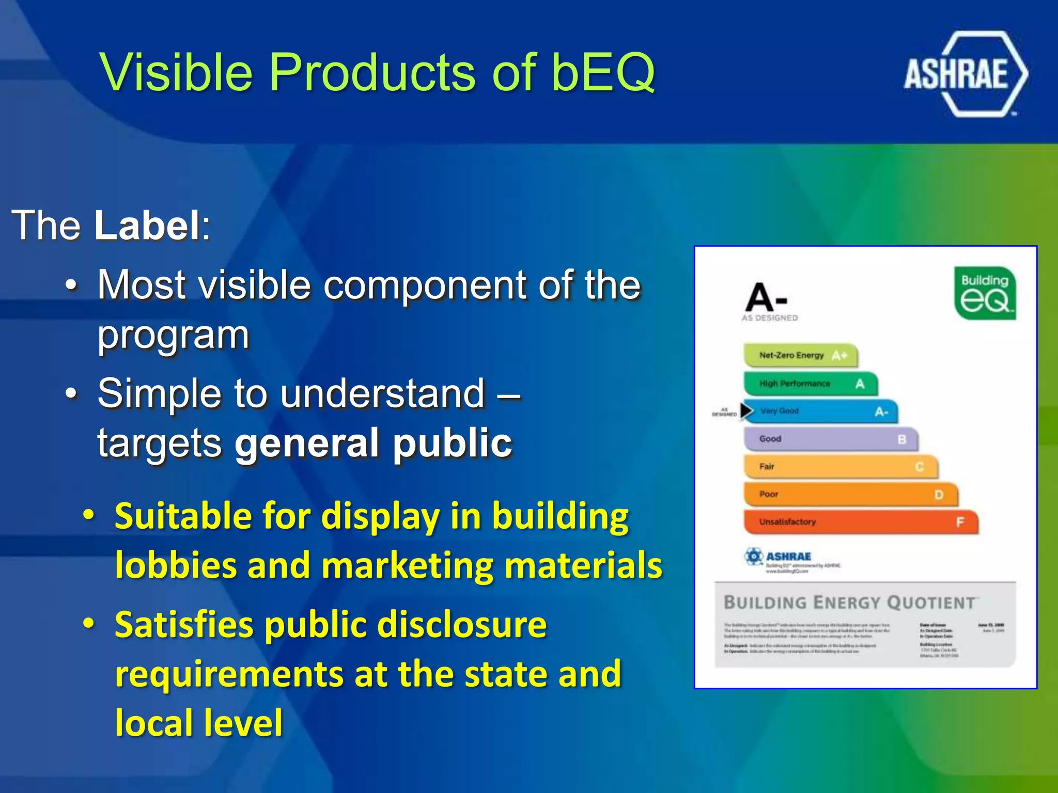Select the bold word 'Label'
click(148, 225)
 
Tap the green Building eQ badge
click(985, 294)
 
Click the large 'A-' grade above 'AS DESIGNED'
click(766, 298)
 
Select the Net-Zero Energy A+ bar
click(800, 355)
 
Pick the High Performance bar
click(810, 384)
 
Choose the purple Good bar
click(830, 439)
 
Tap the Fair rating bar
click(840, 467)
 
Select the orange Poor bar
click(850, 495)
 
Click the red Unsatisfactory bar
click(860, 522)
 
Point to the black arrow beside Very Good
click(746, 410)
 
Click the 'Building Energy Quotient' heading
click(849, 602)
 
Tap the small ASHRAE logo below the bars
click(778, 557)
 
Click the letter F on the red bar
click(960, 522)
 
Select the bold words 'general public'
click(373, 443)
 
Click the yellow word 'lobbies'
click(176, 565)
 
